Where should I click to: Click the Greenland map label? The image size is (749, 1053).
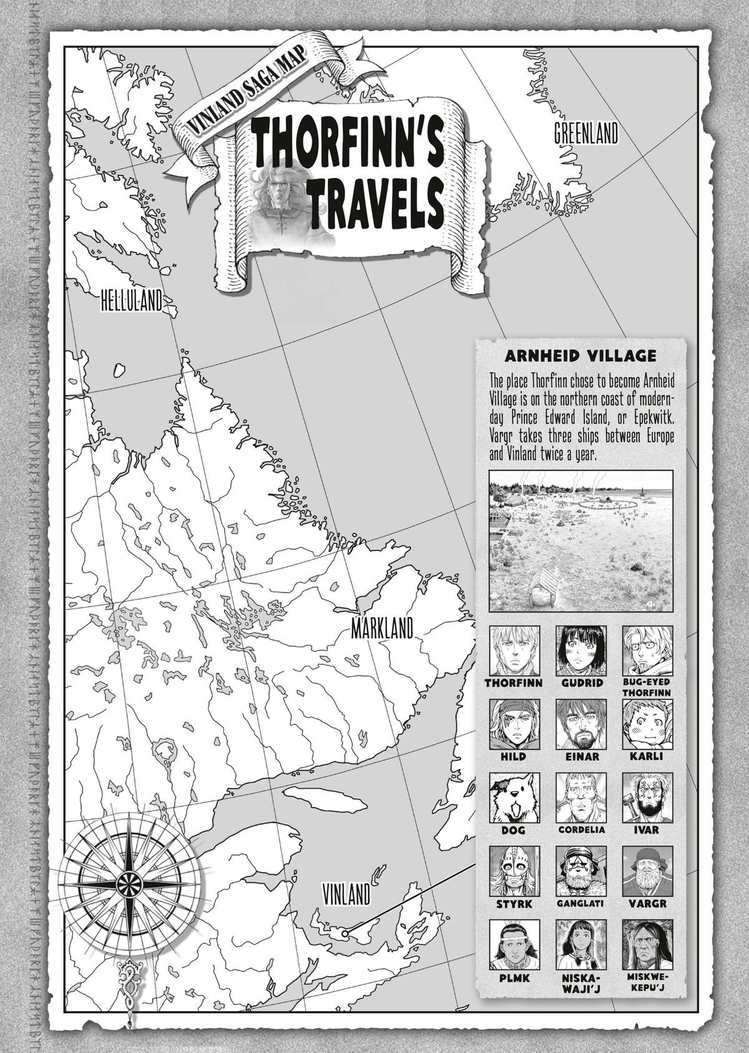pyautogui.click(x=585, y=134)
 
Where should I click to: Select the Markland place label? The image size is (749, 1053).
pyautogui.click(x=382, y=629)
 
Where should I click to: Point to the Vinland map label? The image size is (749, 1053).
pyautogui.click(x=347, y=896)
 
